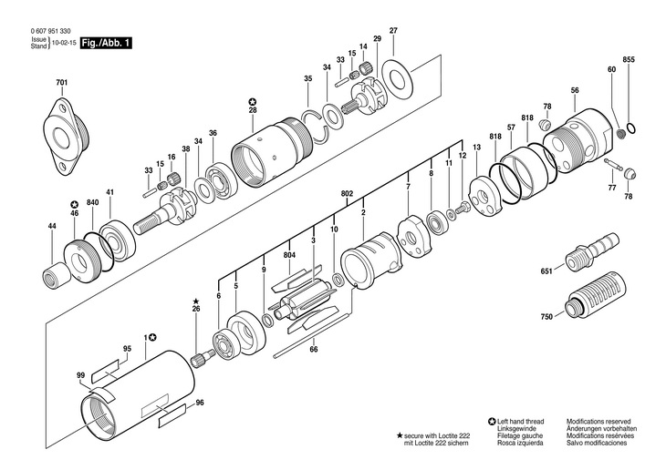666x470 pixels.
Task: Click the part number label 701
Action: tap(61, 84)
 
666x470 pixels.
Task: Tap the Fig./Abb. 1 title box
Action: tap(105, 42)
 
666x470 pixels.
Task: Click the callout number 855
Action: tap(628, 59)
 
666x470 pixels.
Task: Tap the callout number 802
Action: tap(347, 193)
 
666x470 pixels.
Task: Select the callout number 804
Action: tap(289, 255)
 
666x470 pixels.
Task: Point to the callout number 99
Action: tap(80, 375)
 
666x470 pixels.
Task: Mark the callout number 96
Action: tap(199, 403)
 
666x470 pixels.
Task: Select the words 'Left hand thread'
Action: tap(521, 422)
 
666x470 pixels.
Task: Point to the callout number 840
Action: tap(92, 202)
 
